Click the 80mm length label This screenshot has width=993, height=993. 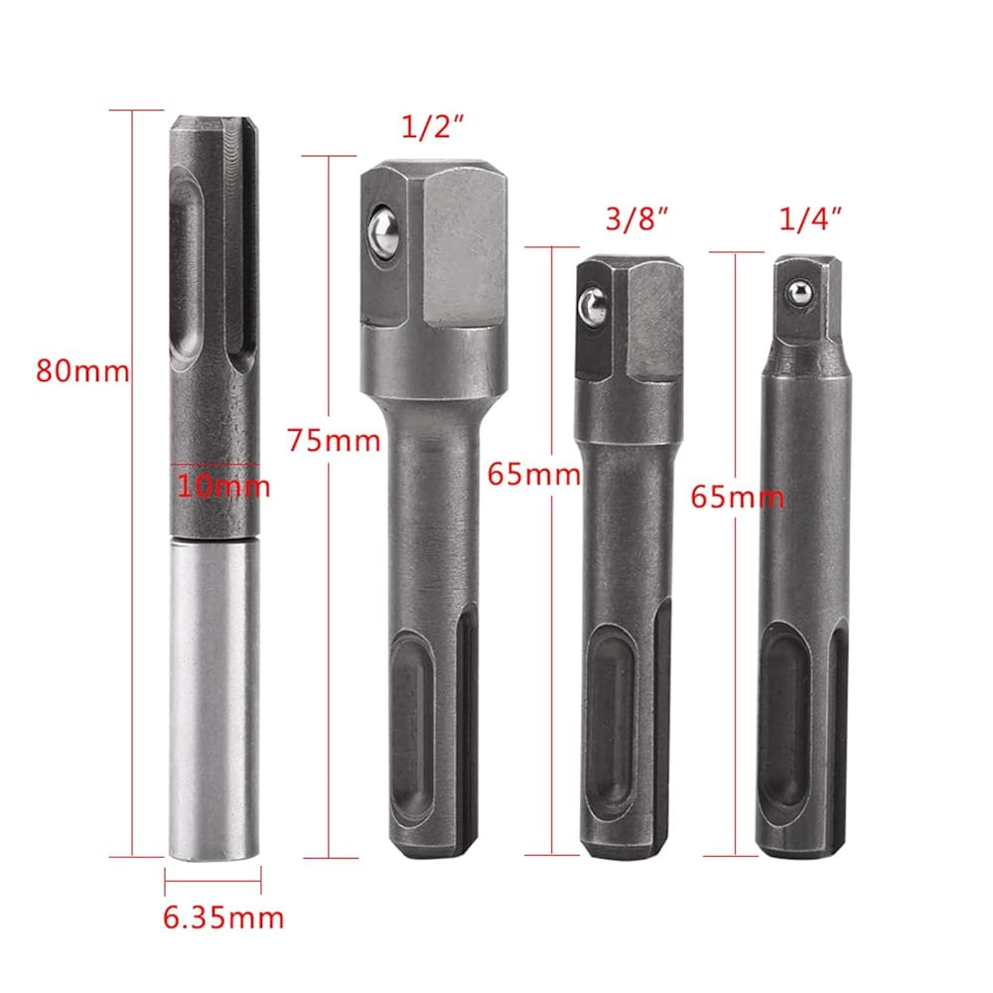pyautogui.click(x=82, y=371)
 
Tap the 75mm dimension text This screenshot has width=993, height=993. pyautogui.click(x=334, y=441)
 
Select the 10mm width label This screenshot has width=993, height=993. pyautogui.click(x=222, y=487)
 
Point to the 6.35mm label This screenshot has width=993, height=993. pyautogui.click(x=223, y=918)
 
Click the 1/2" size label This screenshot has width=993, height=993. pyautogui.click(x=433, y=127)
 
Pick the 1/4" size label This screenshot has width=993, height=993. pyautogui.click(x=810, y=219)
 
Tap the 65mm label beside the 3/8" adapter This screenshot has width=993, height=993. pyautogui.click(x=534, y=475)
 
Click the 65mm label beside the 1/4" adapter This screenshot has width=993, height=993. pyautogui.click(x=737, y=497)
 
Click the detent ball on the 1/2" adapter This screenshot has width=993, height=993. pyautogui.click(x=383, y=233)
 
